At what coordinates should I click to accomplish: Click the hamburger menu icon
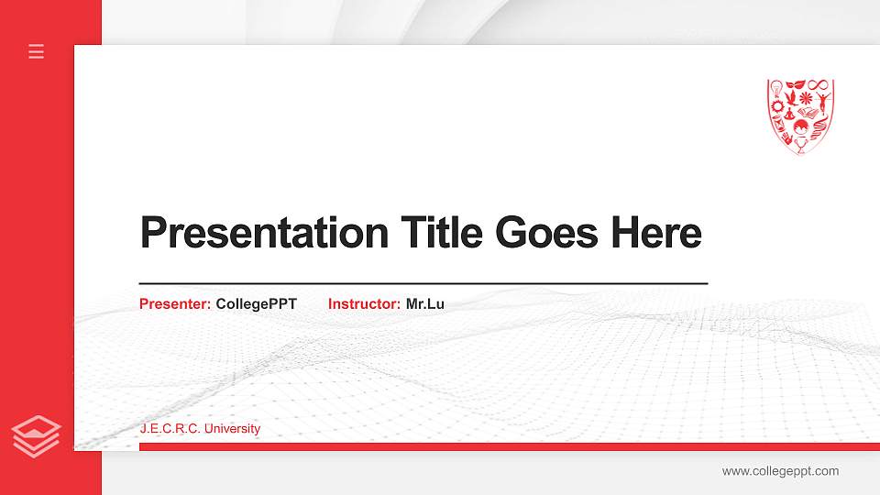(x=37, y=51)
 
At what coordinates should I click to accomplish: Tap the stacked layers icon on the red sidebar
(x=37, y=434)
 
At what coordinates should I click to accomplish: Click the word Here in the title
(x=656, y=233)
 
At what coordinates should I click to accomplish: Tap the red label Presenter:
(x=175, y=303)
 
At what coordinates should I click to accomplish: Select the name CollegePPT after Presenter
(x=257, y=303)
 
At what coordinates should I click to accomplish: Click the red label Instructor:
(x=364, y=303)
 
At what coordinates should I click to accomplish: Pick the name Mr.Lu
(x=425, y=303)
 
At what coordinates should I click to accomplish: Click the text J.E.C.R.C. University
(x=200, y=429)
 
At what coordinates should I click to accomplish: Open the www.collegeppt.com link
(x=780, y=471)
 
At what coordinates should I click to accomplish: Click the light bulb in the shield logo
(x=776, y=89)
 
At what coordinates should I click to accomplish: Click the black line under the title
(x=423, y=284)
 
